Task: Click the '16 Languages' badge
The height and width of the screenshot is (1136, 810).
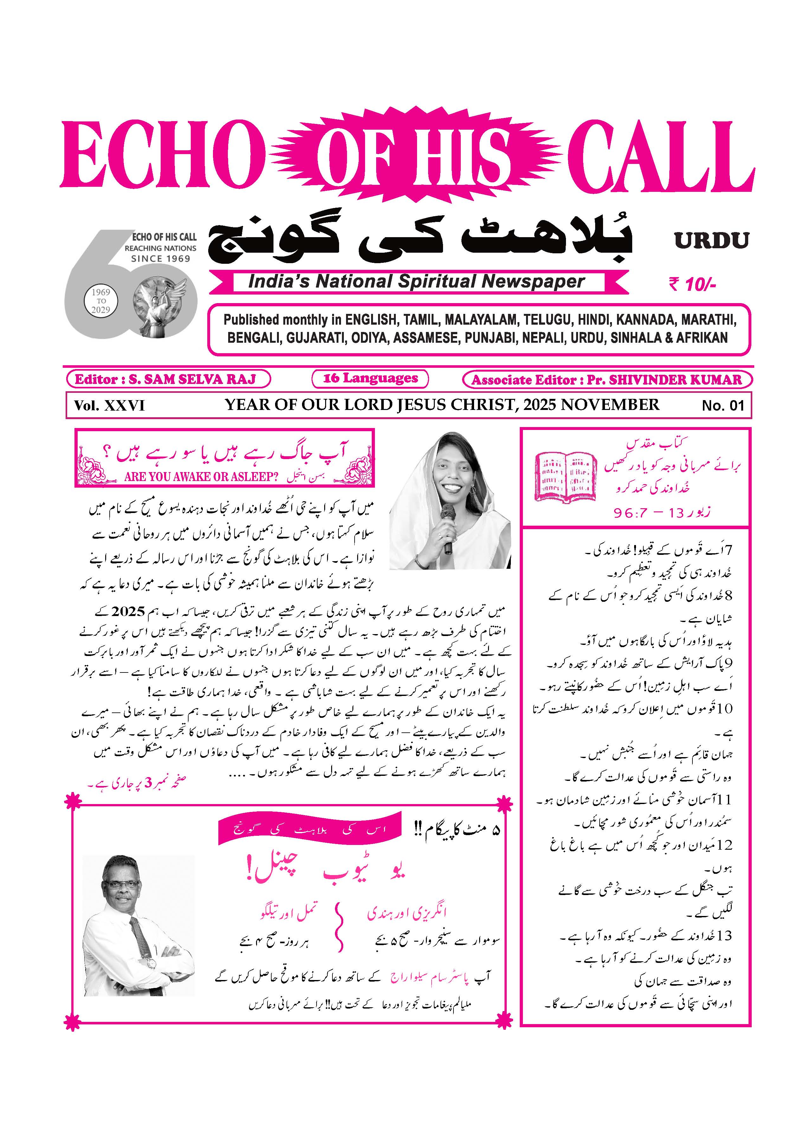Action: point(370,378)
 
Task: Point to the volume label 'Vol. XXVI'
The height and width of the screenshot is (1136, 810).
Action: point(109,406)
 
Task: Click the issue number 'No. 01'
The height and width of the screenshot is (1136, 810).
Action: point(723,406)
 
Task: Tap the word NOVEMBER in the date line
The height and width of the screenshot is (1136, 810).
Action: point(609,405)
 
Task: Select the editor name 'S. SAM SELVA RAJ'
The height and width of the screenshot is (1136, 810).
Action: point(192,379)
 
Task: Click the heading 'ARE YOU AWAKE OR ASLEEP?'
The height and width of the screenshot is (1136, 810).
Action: point(201,477)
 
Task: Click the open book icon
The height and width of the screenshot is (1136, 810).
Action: point(566,477)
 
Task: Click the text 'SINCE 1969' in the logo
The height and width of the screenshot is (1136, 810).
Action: point(161,258)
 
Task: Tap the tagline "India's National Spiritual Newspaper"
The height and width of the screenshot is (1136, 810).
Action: point(416,282)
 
